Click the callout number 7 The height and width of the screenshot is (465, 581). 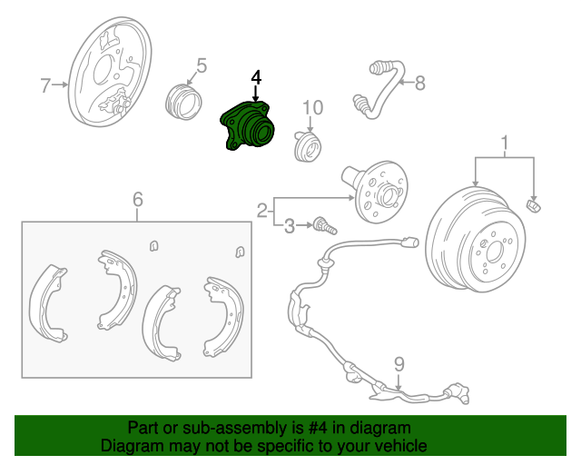tap(45, 86)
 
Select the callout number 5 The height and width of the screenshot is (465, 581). tap(202, 64)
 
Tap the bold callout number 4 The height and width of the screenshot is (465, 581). tap(256, 77)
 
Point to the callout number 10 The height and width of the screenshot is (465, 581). tap(312, 108)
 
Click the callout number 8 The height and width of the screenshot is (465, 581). tap(419, 84)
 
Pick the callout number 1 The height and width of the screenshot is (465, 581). tap(505, 141)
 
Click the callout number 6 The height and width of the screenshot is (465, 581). tap(138, 199)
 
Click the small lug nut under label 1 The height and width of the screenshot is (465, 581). tap(535, 206)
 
